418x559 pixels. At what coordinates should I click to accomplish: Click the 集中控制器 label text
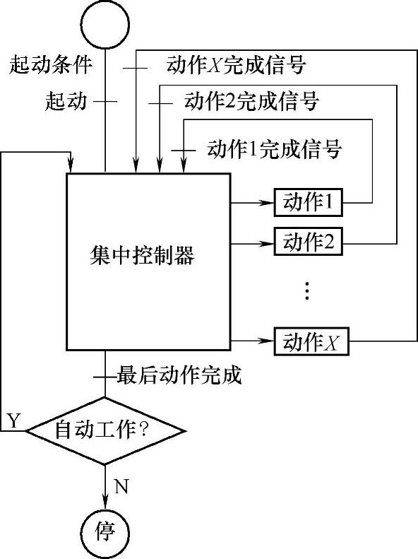(142, 255)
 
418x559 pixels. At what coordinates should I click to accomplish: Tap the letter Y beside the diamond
(13, 420)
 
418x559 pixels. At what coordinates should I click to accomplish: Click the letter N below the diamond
(121, 486)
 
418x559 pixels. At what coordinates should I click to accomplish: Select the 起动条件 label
(51, 64)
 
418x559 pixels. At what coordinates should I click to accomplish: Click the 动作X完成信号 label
(236, 64)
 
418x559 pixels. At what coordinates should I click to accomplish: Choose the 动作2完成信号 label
(251, 101)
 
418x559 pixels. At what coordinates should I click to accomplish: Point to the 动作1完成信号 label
(275, 148)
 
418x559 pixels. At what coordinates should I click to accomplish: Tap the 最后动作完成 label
(179, 375)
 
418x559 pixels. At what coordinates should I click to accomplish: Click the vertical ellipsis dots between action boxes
(307, 290)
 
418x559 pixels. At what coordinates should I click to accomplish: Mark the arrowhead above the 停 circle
(105, 502)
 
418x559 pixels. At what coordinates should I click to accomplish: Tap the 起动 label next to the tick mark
(66, 101)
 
